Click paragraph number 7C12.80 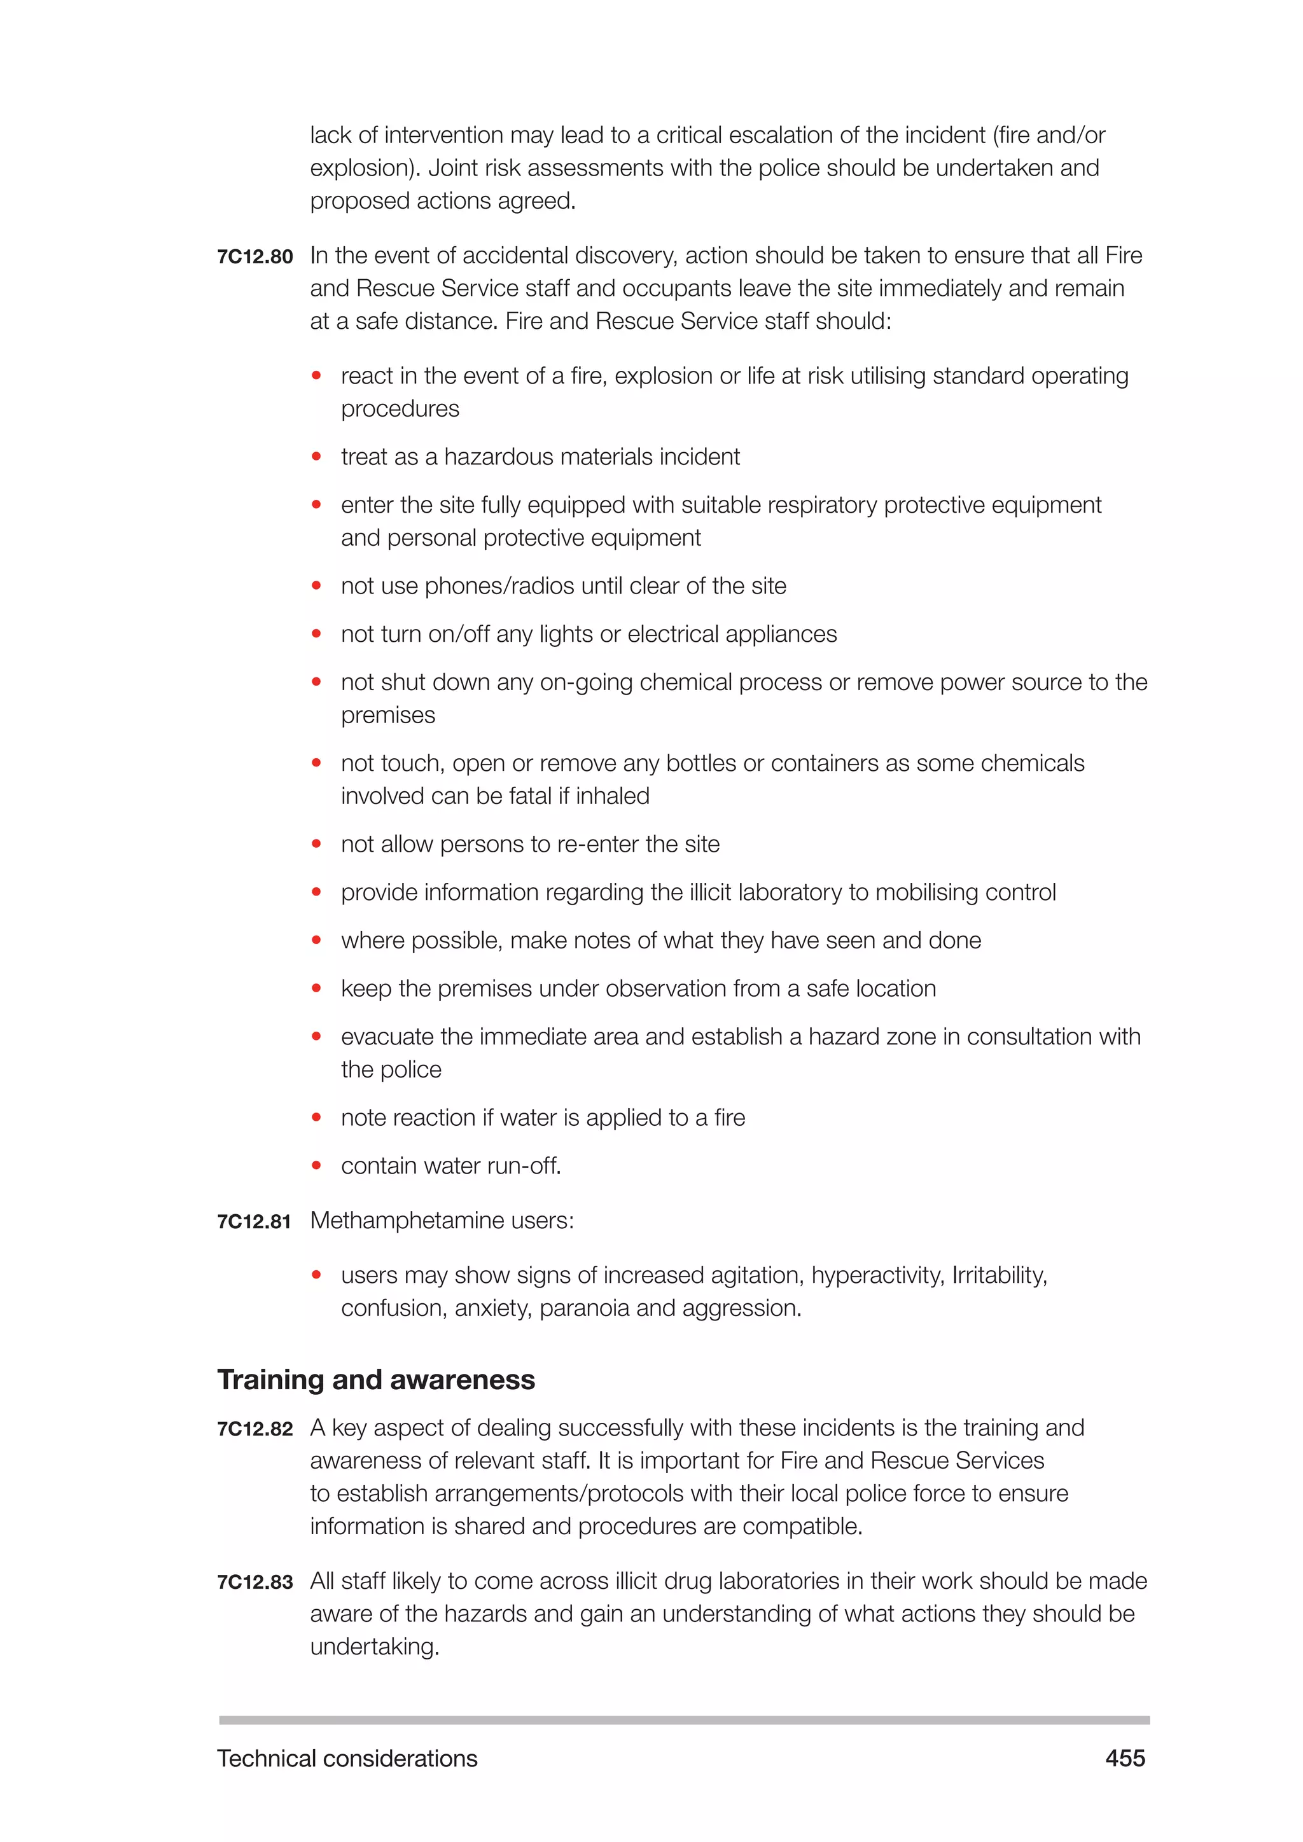click(254, 258)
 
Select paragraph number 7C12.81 click(254, 1222)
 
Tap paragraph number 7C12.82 click(254, 1429)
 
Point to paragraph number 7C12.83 click(254, 1582)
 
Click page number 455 click(1125, 1759)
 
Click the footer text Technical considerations click(347, 1759)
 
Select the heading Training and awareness click(375, 1380)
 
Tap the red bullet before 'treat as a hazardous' click(316, 457)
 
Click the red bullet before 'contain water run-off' click(316, 1166)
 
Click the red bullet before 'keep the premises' click(316, 988)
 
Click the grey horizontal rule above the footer click(683, 1720)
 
